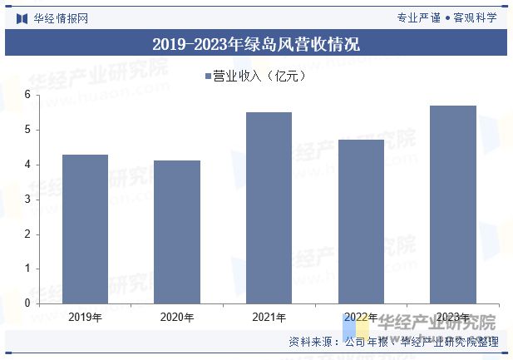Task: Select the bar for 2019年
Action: (85, 229)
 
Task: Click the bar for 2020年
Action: (177, 232)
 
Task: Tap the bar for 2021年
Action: (269, 208)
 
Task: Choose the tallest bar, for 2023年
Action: (453, 205)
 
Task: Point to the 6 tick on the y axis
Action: (27, 95)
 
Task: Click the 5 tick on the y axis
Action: (27, 130)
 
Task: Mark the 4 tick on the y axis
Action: (27, 165)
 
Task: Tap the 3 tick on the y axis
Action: (27, 200)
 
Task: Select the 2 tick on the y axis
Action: (27, 234)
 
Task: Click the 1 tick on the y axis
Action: (27, 269)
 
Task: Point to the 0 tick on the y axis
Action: (27, 303)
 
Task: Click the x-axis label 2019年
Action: (85, 318)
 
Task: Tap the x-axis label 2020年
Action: (177, 318)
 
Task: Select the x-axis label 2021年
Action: (269, 318)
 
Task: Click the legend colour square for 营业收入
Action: (208, 76)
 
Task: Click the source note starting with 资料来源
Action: (393, 342)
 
